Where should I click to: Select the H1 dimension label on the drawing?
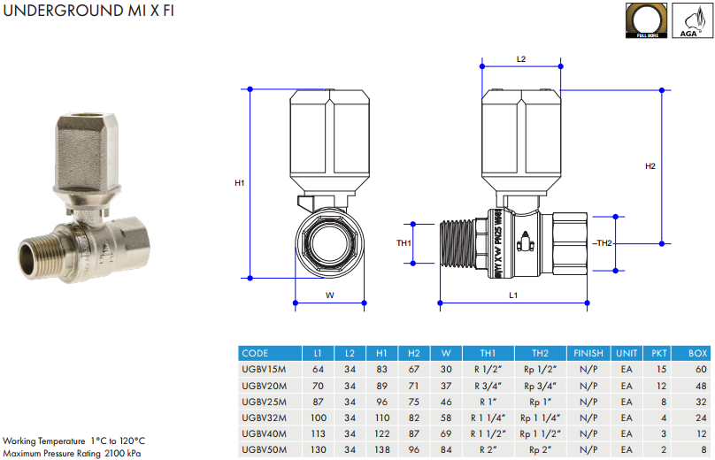239,183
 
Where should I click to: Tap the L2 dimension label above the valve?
521,59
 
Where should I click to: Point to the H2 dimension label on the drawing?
650,165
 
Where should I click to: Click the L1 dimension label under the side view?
513,294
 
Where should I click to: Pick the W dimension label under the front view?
330,295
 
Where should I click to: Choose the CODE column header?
255,353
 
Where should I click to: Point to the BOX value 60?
701,369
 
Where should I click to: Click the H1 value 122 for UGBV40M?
381,434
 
